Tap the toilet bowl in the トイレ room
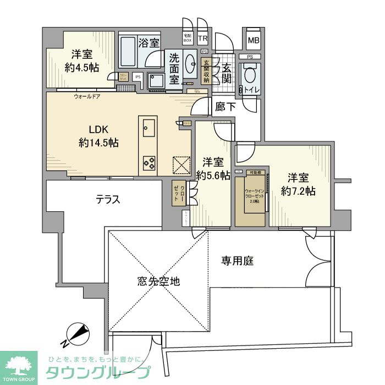(250, 74)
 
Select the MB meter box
(253, 40)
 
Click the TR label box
(203, 38)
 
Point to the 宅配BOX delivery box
(188, 38)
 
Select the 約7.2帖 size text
(298, 191)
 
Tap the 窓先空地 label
(159, 281)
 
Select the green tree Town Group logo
(19, 366)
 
